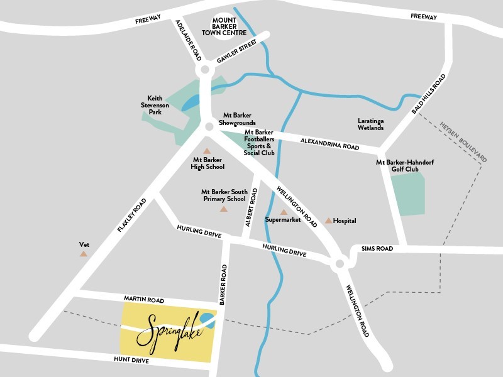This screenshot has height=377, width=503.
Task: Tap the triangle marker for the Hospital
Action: (x=328, y=221)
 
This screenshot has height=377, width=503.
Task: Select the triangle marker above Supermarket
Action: (x=284, y=212)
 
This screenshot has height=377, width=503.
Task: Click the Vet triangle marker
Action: (x=83, y=254)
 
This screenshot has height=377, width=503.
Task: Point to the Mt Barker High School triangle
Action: (x=206, y=151)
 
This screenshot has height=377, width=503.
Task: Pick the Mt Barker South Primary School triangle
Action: (x=224, y=209)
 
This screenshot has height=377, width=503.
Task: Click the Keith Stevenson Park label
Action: (x=160, y=106)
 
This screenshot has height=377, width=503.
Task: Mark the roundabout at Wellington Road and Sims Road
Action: (x=339, y=265)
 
